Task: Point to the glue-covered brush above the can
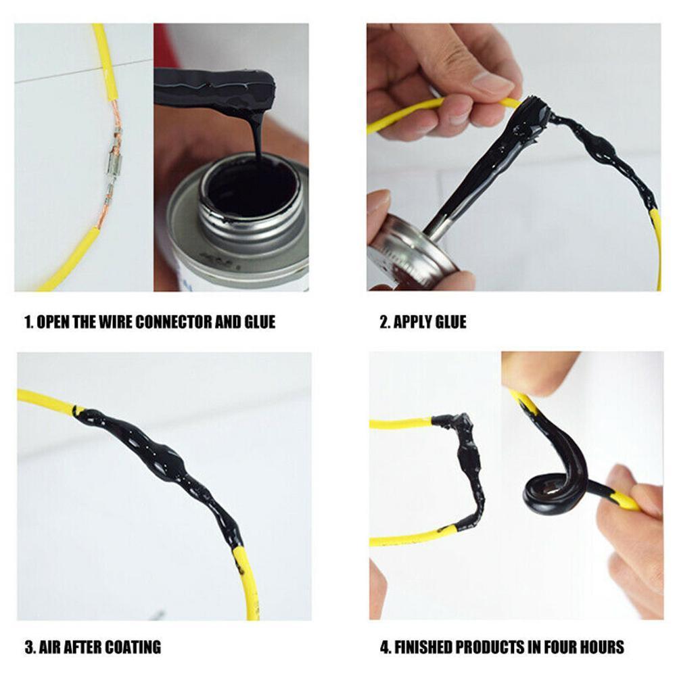point(216,88)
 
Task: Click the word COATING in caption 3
point(135,647)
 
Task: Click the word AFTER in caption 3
point(87,647)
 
